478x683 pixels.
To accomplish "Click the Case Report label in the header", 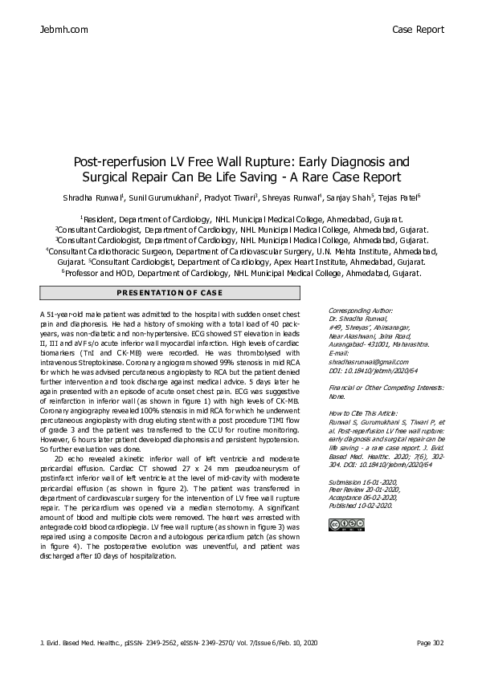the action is point(418,30).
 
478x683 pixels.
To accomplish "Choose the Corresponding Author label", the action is point(361,308).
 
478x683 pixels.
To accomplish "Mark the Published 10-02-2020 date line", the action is point(361,505).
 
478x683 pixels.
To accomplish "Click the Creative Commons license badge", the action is point(342,525).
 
